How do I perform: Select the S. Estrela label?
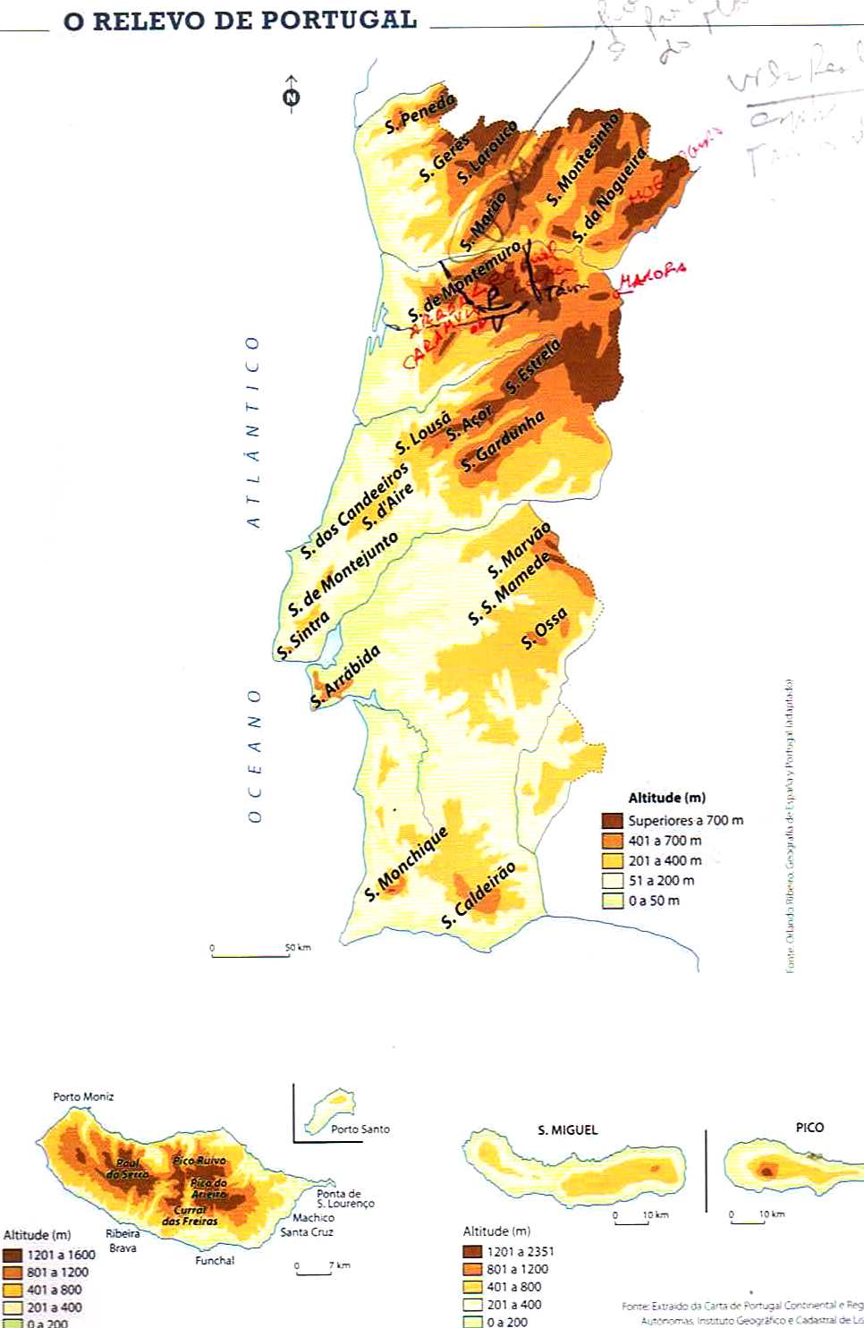[532, 367]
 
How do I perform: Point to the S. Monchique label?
[405, 865]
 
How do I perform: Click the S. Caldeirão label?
[479, 894]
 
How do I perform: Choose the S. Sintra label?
[303, 636]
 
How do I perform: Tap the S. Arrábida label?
[345, 676]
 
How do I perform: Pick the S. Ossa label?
[544, 628]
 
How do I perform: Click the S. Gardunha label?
[503, 442]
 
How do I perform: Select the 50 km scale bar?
[250, 954]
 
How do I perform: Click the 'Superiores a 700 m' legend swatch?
[612, 820]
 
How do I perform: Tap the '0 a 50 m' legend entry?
[654, 901]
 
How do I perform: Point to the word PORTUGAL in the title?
[351, 20]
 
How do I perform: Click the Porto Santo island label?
[360, 1129]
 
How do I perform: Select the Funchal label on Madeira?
[215, 1260]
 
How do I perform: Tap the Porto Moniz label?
[83, 1096]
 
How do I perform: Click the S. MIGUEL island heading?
[567, 1129]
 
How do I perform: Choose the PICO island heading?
[809, 1127]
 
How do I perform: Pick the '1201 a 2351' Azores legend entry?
[520, 1251]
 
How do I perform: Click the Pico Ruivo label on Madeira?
[199, 1160]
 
